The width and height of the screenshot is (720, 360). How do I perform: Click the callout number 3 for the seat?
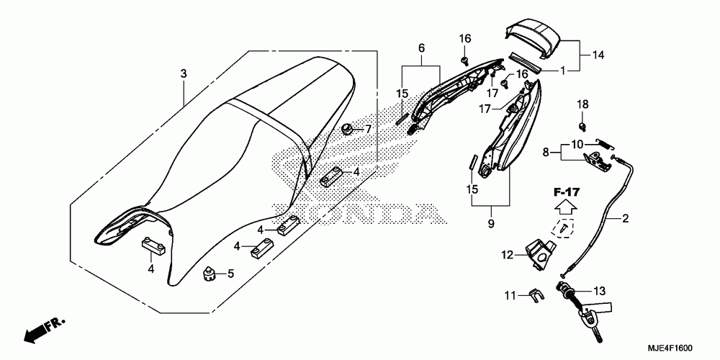184,74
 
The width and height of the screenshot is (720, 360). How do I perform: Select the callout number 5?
231,274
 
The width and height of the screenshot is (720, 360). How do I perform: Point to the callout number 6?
422,48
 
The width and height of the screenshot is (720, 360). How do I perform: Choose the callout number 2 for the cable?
625,217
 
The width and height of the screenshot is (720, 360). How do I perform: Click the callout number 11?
509,295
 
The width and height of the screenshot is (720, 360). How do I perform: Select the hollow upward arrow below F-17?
567,208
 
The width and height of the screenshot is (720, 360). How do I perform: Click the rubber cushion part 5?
211,274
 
